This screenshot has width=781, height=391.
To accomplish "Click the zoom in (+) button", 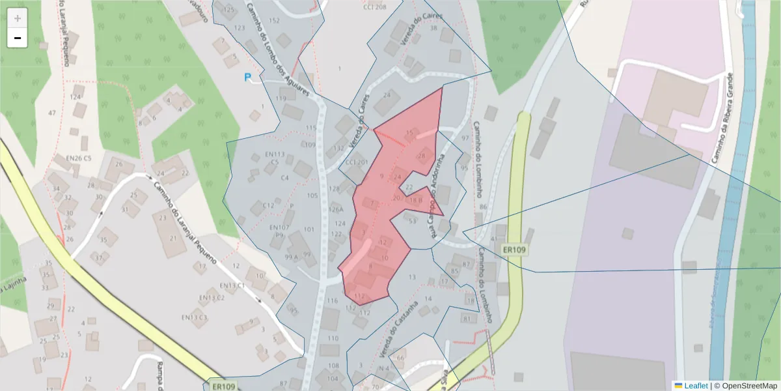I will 18,18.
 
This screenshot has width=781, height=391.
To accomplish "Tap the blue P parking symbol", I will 247,78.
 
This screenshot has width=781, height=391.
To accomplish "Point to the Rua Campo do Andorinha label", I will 435,195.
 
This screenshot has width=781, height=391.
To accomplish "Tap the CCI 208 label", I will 374,7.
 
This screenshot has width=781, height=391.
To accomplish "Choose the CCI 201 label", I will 356,162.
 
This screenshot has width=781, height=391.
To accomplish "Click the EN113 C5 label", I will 276,158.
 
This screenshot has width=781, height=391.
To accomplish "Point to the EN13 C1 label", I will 232,285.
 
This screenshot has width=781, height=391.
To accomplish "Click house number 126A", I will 336,210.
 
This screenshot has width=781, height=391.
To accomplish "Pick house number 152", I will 274,21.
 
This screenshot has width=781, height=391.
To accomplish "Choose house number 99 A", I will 292,257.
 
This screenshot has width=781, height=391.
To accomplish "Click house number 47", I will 52,113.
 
